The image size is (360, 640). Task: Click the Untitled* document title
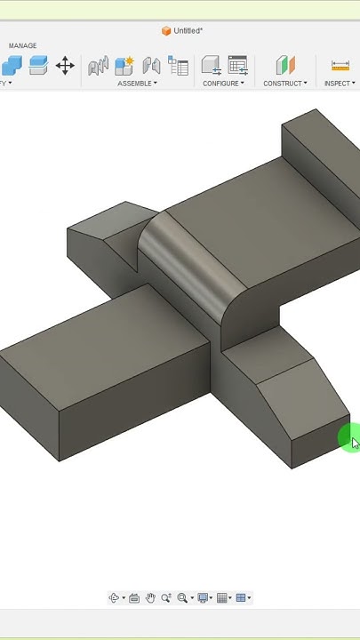188,30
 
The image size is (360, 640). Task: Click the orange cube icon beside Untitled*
166,30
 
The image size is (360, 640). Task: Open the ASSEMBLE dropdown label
136,84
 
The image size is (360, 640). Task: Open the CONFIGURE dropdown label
221,84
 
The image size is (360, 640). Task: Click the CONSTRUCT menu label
284,84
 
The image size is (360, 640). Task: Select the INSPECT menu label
338,84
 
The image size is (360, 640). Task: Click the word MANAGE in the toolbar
23,45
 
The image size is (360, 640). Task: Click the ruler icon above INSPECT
340,65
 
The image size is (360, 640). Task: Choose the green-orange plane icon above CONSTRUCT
284,65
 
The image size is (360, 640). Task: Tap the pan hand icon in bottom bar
151,598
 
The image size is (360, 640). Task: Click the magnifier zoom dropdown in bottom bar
183,598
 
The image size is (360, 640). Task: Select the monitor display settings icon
204,598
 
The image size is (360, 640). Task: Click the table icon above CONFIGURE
237,65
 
